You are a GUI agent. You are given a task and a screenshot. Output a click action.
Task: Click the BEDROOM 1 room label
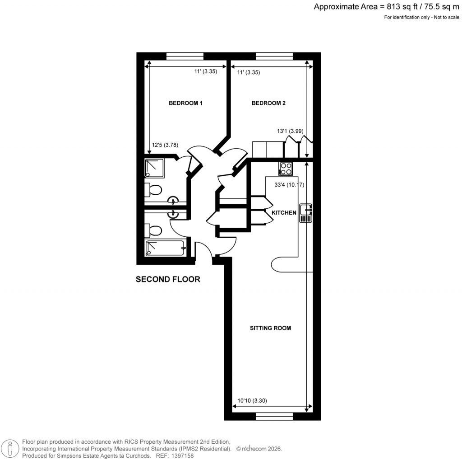185,103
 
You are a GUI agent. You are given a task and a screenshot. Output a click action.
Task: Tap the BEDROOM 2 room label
268,103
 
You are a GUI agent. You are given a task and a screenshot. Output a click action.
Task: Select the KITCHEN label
284,212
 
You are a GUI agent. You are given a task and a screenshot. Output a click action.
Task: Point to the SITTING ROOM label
270,328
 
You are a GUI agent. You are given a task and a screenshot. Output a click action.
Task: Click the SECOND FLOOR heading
168,280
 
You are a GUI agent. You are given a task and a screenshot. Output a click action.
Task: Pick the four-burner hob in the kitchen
286,169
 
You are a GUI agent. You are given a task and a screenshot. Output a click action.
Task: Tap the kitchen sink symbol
306,213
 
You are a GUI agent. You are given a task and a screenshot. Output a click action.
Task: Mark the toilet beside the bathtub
153,231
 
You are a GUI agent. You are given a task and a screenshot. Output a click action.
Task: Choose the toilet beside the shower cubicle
153,190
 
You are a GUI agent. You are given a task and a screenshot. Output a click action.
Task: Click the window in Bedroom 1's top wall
185,56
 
